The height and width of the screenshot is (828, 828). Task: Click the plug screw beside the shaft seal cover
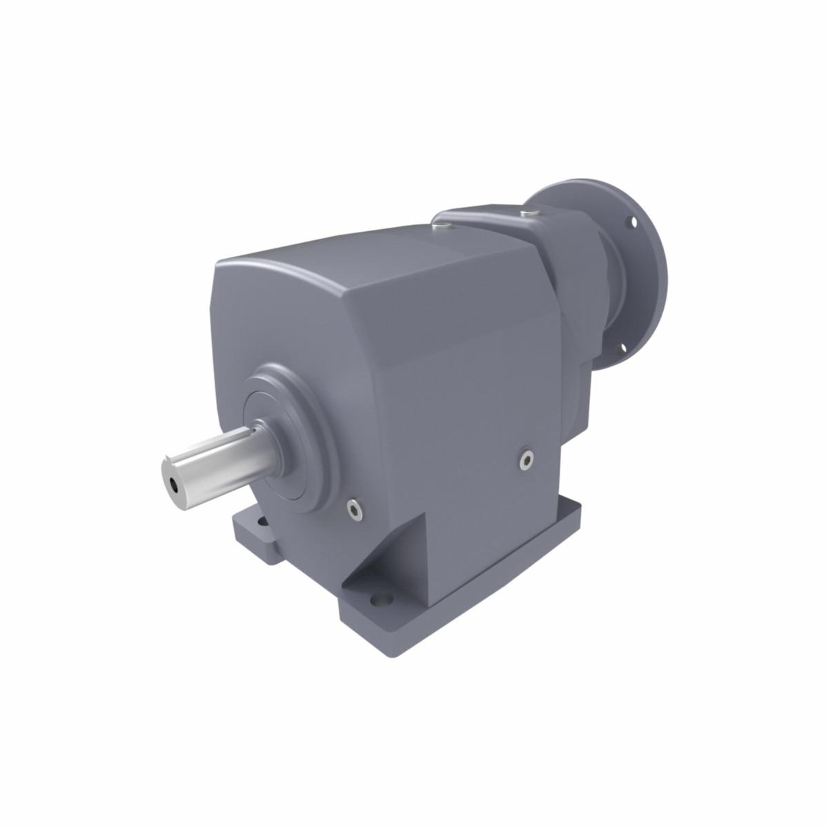(355, 509)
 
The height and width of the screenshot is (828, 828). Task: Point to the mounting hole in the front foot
(379, 601)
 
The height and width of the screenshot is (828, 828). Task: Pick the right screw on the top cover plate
(528, 213)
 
